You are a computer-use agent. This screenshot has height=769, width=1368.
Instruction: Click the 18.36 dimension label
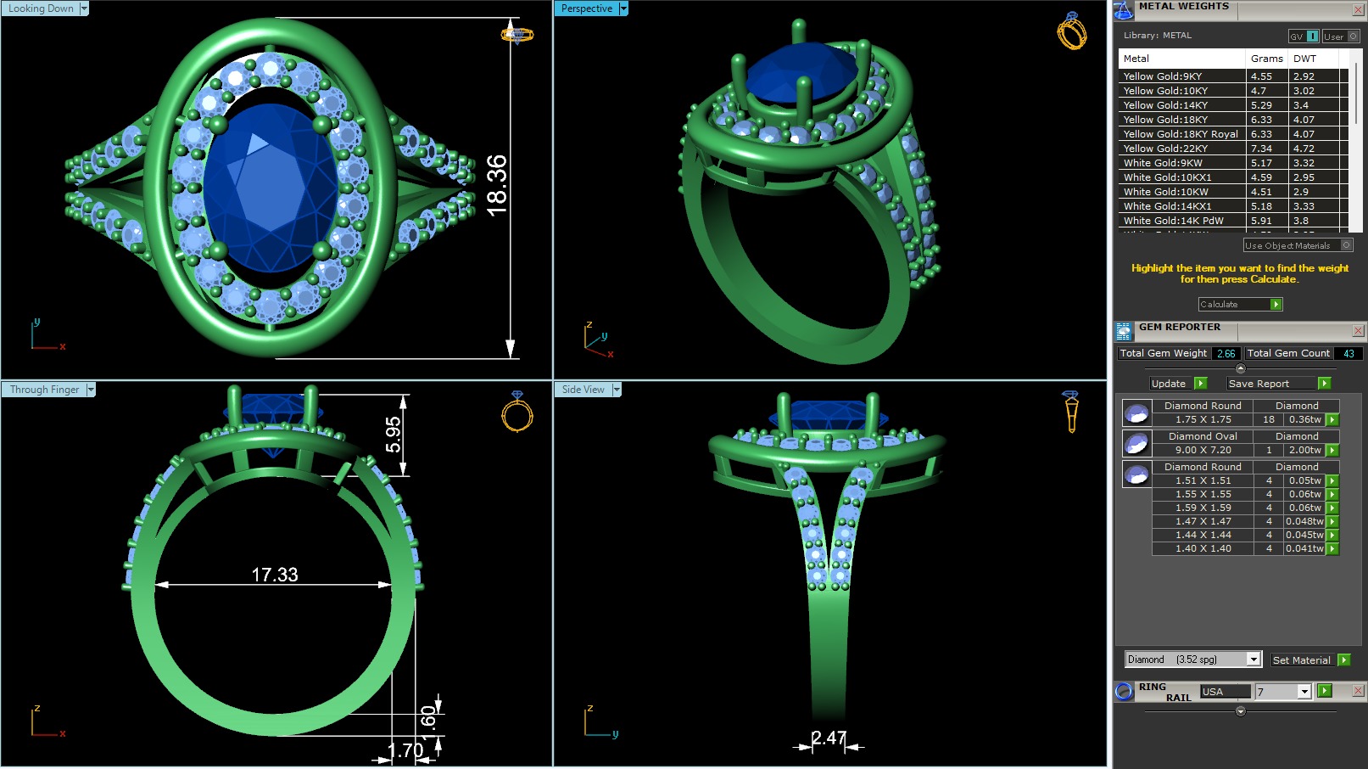tap(497, 185)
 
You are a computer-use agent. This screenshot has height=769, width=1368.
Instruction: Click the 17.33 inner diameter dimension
tap(275, 575)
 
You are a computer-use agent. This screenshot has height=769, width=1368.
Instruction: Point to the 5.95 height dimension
tap(393, 435)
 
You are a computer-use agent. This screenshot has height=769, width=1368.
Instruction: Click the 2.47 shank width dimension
tap(828, 738)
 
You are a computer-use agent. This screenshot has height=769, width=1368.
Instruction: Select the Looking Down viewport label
tap(41, 8)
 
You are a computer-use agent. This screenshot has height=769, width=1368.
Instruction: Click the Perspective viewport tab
tap(586, 8)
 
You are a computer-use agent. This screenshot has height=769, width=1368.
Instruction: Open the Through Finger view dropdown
tap(91, 390)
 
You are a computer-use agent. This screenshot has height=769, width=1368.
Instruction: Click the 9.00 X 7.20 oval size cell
tap(1203, 450)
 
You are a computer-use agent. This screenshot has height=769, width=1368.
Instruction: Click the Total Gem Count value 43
tap(1348, 353)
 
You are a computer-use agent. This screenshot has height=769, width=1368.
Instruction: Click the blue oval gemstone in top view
tap(270, 187)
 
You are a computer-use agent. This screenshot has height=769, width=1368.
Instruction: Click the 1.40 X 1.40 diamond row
tap(1203, 548)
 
